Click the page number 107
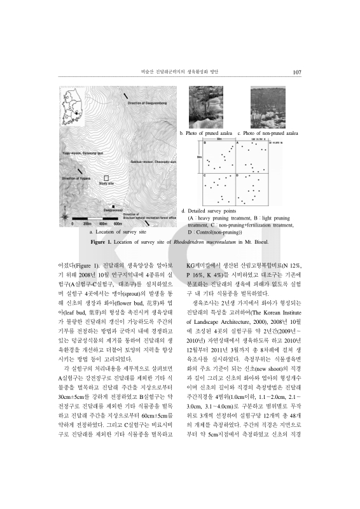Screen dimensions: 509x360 coord(296,72)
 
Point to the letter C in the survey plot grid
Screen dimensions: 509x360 coord(204,175)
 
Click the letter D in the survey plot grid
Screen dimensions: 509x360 coord(237,175)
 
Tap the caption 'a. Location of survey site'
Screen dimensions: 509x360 coord(116,233)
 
